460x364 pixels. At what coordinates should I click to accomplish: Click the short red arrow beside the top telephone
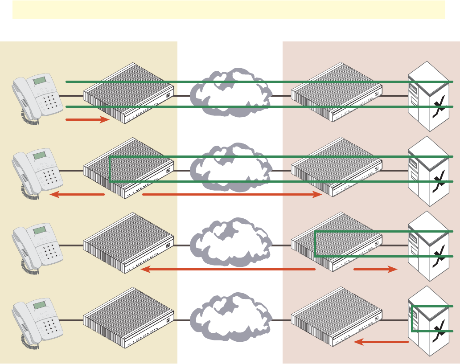(87, 119)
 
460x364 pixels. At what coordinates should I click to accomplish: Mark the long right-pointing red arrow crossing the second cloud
(232, 195)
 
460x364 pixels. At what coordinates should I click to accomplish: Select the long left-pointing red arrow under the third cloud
(227, 270)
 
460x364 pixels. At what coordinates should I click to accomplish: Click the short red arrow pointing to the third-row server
(375, 270)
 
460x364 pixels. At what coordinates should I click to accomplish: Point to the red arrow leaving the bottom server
(381, 342)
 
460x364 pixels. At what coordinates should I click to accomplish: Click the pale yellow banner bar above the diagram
(229, 9)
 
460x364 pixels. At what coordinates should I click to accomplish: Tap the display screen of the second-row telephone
(41, 155)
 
